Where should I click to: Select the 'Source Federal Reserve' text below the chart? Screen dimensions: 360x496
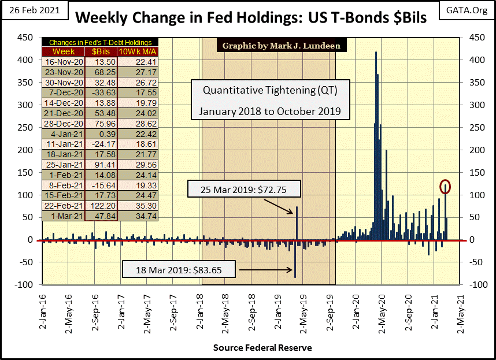[262, 347]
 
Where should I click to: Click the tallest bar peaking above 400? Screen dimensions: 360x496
[376, 144]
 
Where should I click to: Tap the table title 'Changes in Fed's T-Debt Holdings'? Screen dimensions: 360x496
[100, 42]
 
